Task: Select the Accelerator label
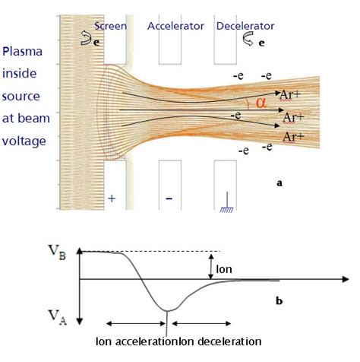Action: point(176,26)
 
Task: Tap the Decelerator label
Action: point(245,26)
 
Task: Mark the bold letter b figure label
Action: point(279,302)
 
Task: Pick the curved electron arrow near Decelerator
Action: point(248,40)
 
